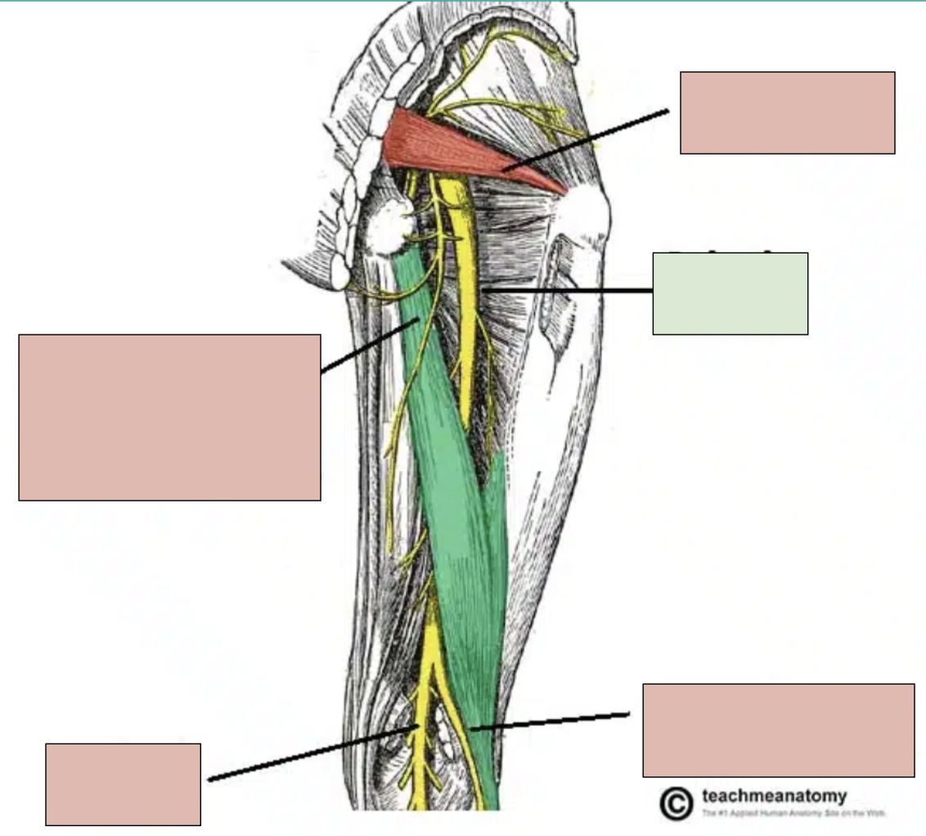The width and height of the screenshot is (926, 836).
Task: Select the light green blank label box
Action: [x=730, y=294]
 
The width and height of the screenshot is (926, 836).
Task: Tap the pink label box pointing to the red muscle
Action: [x=787, y=112]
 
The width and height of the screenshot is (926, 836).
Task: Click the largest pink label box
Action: [x=169, y=416]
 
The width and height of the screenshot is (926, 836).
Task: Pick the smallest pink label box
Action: [x=123, y=784]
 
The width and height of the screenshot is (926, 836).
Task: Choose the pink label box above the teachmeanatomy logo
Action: [x=778, y=730]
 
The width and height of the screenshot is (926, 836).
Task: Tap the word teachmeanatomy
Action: [x=775, y=796]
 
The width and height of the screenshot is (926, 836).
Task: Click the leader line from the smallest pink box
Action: [x=311, y=753]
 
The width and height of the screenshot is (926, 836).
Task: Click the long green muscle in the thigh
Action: [x=458, y=491]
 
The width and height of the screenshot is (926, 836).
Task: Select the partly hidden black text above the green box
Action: [x=728, y=249]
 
